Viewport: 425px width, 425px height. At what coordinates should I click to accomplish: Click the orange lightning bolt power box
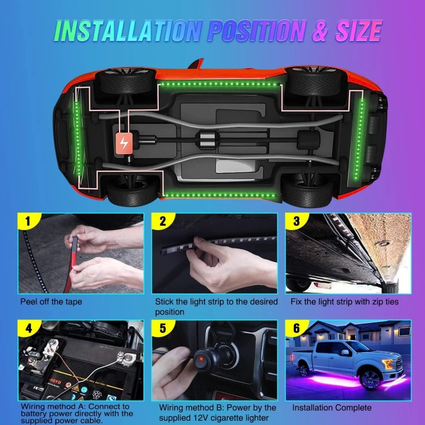125,143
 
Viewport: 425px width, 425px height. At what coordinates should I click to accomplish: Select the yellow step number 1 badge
26,220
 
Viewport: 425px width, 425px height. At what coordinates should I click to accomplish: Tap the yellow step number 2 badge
160,220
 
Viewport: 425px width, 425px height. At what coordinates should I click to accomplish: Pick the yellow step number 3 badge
295,220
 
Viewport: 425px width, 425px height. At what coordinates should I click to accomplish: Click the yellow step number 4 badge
26,328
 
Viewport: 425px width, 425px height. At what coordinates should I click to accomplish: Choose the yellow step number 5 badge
160,328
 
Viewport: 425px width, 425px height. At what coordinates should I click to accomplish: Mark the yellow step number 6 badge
296,328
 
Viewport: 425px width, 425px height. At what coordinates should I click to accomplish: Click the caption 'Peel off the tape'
51,302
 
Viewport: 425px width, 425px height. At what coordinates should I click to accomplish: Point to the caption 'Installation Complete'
331,408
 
